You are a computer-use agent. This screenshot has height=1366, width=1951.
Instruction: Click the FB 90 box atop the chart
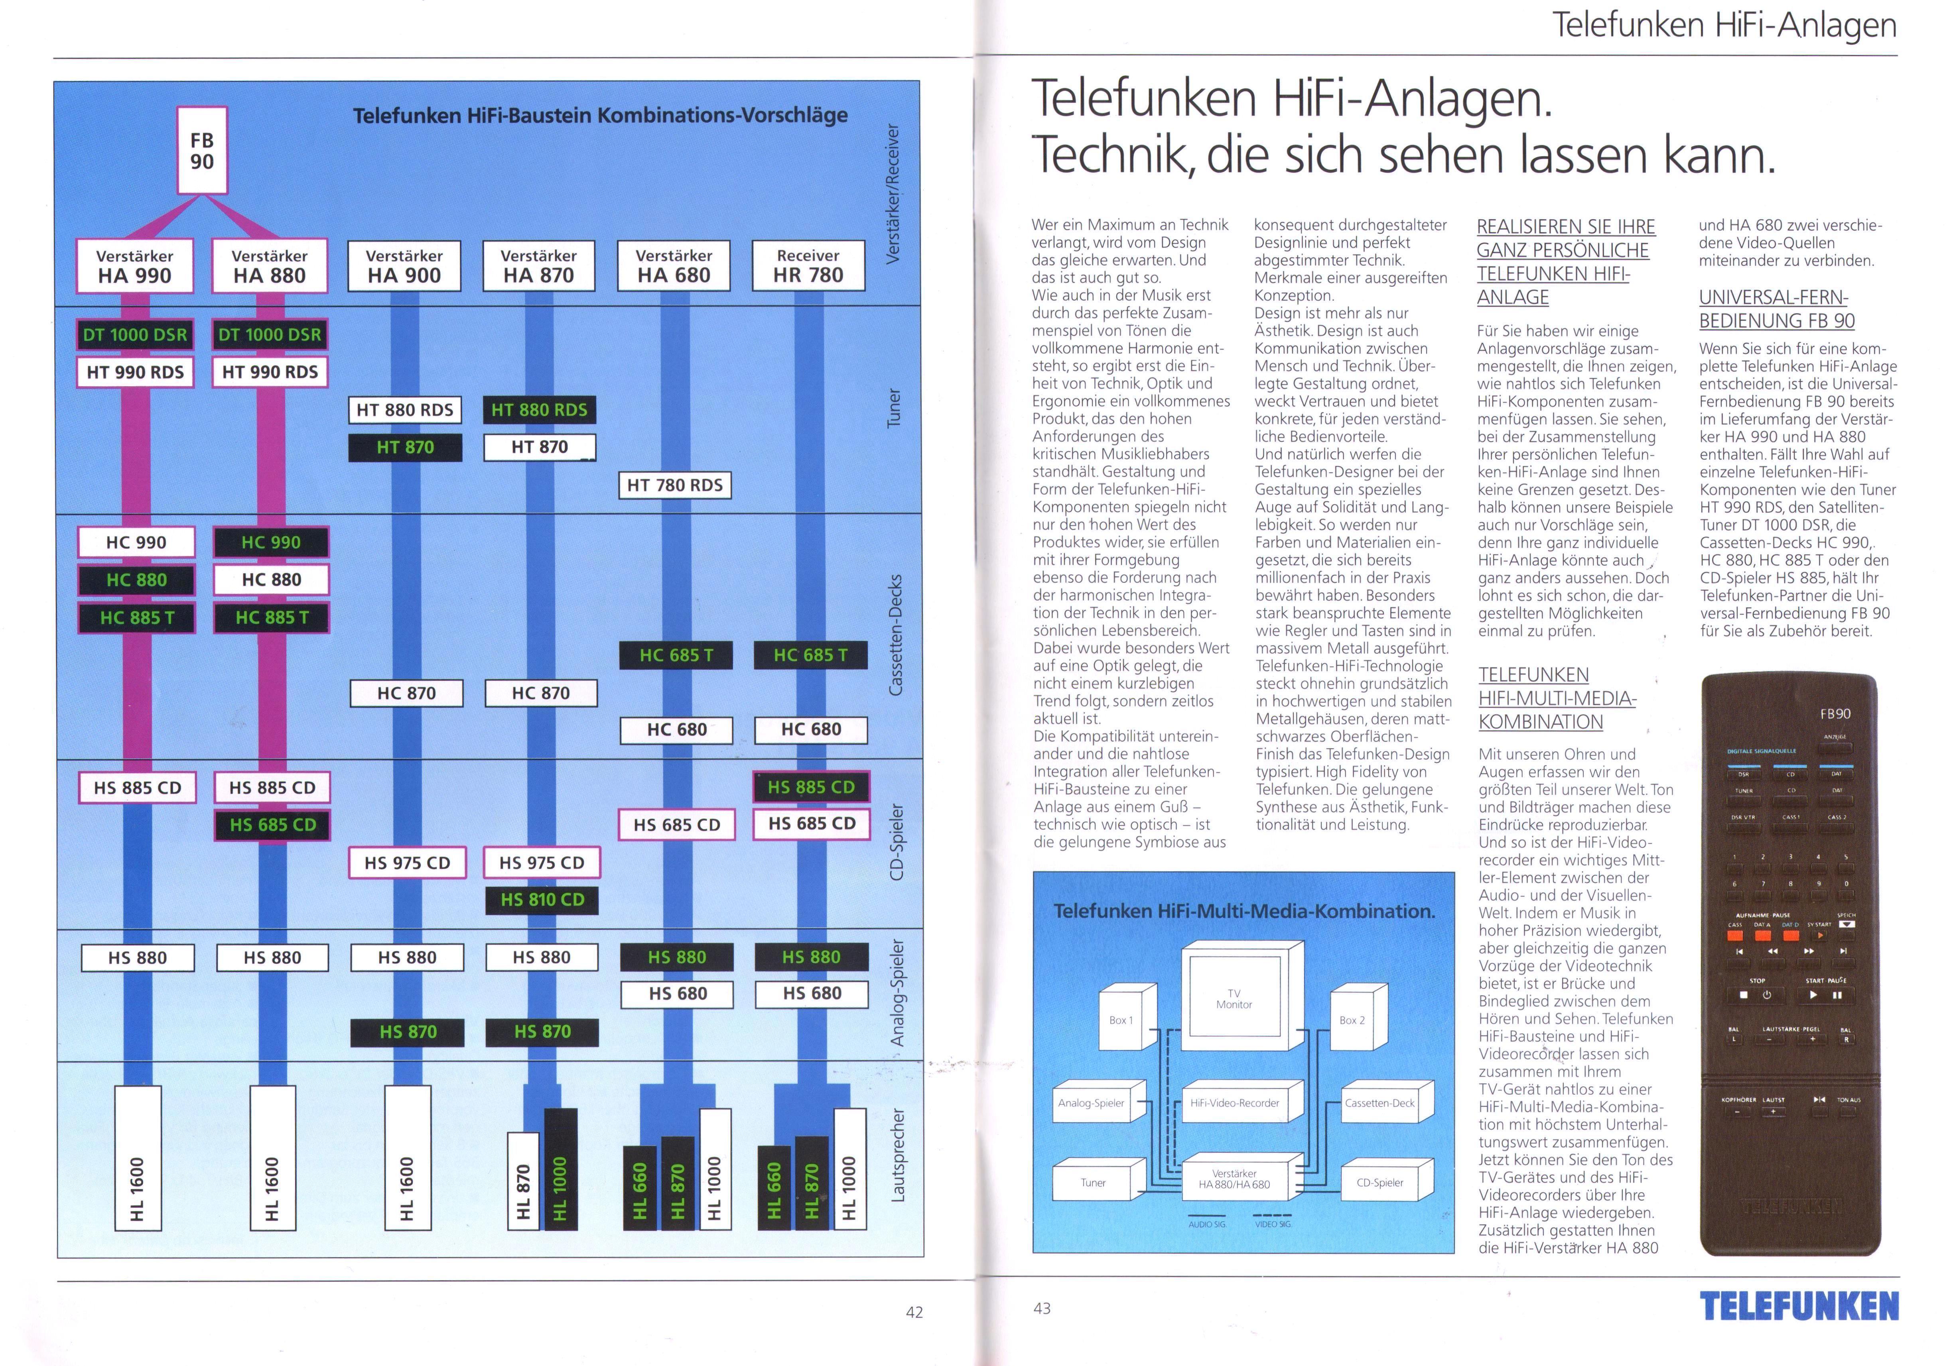202,150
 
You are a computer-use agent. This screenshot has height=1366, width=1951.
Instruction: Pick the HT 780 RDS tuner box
675,485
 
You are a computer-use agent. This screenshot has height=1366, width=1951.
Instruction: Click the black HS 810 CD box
542,900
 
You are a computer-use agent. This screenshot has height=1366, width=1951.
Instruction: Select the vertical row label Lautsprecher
897,1155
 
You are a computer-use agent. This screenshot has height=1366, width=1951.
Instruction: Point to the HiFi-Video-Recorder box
1235,1103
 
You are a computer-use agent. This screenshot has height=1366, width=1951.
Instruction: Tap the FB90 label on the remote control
1835,713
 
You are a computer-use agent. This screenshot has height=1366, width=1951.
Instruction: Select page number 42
913,1312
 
